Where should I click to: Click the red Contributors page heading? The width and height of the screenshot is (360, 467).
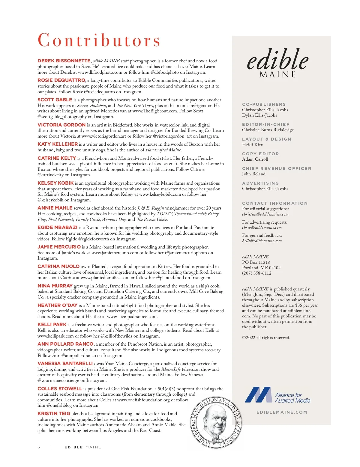pyautogui.click(x=99, y=40)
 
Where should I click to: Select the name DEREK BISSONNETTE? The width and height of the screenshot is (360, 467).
pyautogui.click(x=64, y=61)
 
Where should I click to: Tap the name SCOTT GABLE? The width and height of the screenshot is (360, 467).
pyautogui.click(x=55, y=100)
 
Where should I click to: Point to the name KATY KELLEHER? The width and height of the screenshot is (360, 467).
pyautogui.click(x=58, y=144)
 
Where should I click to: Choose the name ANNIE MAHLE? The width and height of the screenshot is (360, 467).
pyautogui.click(x=55, y=208)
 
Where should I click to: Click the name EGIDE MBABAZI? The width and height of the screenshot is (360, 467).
pyautogui.click(x=57, y=228)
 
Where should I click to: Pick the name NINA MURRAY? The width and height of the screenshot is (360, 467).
pyautogui.click(x=55, y=286)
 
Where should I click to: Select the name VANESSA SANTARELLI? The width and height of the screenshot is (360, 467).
pyautogui.click(x=65, y=364)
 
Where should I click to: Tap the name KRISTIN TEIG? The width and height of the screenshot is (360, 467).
pyautogui.click(x=54, y=414)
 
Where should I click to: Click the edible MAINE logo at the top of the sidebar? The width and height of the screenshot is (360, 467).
pyautogui.click(x=277, y=63)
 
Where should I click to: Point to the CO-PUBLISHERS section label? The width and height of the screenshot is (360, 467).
pyautogui.click(x=264, y=104)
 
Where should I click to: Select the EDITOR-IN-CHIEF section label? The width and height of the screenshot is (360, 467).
pyautogui.click(x=266, y=124)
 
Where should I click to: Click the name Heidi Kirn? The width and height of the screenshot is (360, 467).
pyautogui.click(x=253, y=144)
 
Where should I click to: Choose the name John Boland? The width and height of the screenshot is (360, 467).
pyautogui.click(x=254, y=174)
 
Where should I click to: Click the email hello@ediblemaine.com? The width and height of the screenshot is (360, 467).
pyautogui.click(x=262, y=241)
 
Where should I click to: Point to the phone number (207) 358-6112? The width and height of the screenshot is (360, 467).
pyautogui.click(x=256, y=273)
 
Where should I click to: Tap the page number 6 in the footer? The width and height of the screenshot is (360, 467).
pyautogui.click(x=39, y=447)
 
